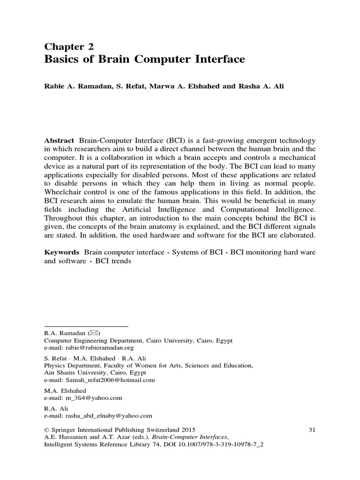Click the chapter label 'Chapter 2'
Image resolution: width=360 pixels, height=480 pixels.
point(69,46)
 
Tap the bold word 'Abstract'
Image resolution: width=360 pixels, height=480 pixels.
point(59,141)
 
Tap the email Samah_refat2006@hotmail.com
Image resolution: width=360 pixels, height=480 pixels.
point(111,380)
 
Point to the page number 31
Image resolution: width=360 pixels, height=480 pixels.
point(314,429)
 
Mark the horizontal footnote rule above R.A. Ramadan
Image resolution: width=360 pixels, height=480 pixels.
point(86,325)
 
